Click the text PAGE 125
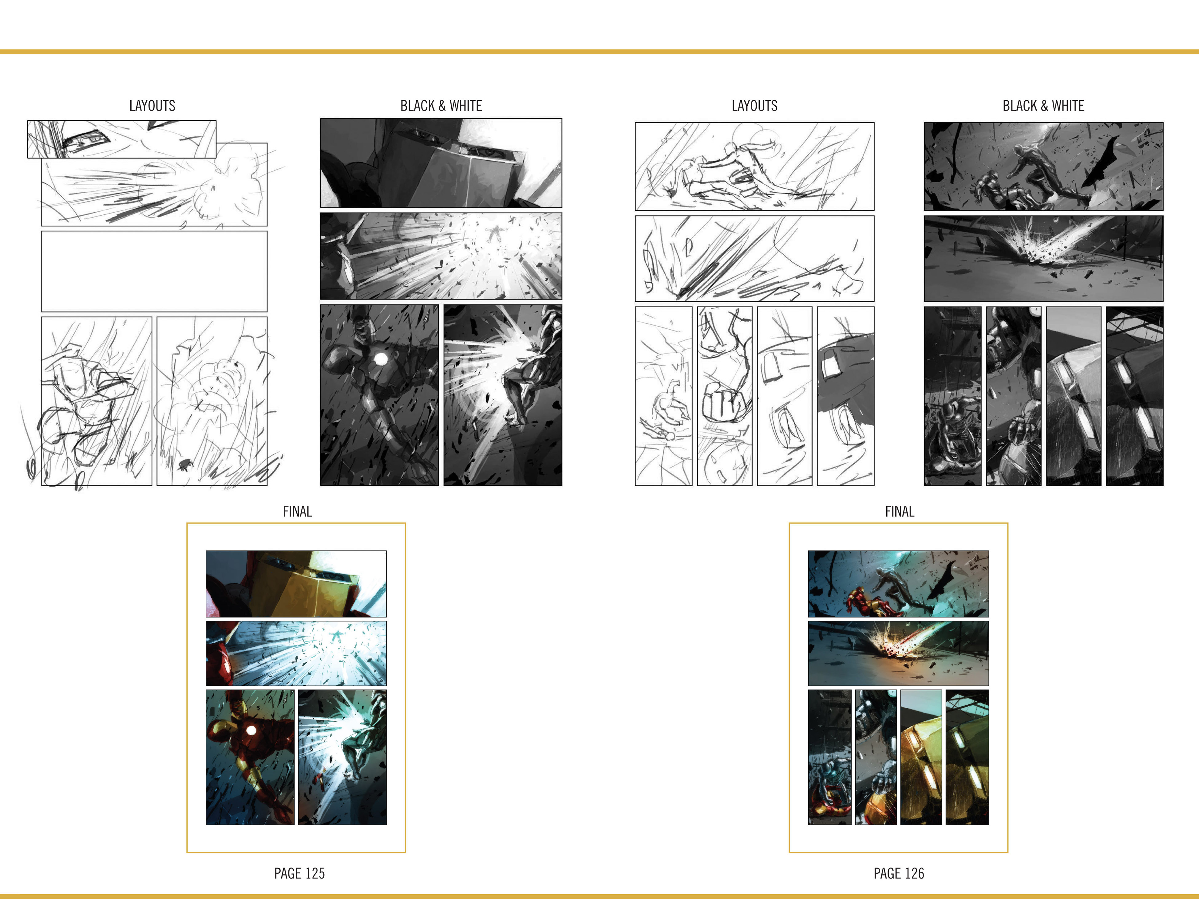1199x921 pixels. click(x=299, y=873)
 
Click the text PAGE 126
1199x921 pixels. click(x=899, y=873)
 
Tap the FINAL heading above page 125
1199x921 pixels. click(x=297, y=511)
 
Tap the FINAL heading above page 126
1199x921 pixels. click(x=900, y=511)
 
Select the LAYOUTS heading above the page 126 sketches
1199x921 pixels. click(x=755, y=106)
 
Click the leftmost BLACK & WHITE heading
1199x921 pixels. click(x=441, y=106)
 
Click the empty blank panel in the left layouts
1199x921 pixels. click(x=154, y=271)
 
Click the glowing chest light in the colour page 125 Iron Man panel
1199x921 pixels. click(x=251, y=730)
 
